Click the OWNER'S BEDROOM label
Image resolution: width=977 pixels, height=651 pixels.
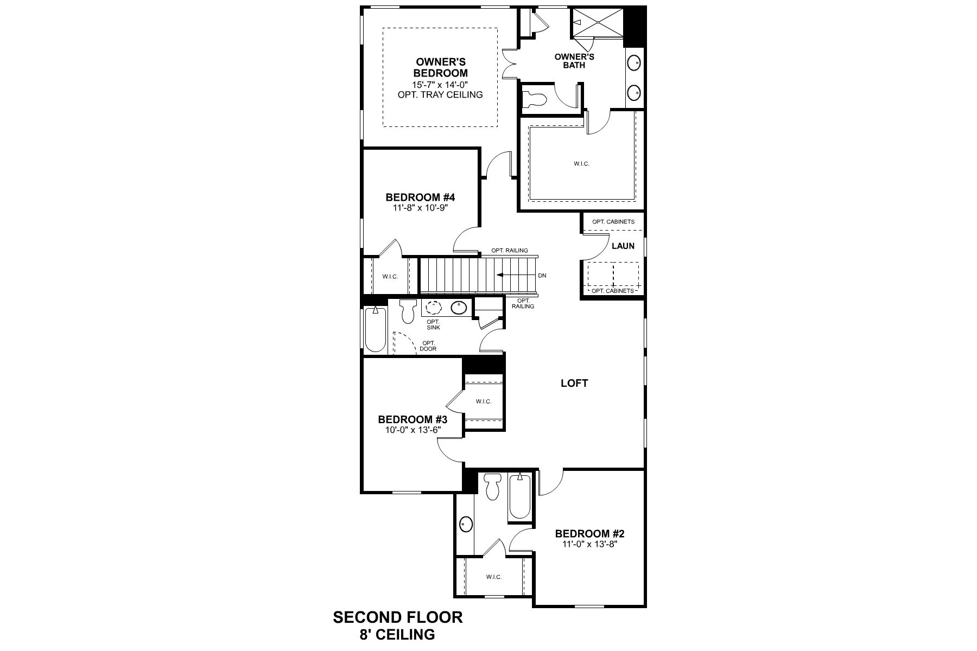click(440, 68)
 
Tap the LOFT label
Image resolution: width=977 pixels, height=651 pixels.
click(574, 383)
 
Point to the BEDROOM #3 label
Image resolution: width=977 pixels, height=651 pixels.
click(413, 419)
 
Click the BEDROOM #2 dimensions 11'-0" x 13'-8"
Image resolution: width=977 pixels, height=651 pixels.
click(586, 544)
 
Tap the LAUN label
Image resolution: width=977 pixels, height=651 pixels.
click(623, 246)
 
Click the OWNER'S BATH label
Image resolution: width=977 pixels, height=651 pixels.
click(574, 61)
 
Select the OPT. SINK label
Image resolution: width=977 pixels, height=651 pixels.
click(433, 324)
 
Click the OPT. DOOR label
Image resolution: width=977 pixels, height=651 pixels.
click(428, 346)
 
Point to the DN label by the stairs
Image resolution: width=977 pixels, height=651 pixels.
click(542, 276)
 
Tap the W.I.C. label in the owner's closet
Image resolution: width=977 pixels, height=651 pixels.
click(581, 163)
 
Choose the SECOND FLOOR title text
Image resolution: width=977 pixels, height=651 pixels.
click(397, 617)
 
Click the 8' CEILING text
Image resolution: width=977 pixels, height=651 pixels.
click(397, 634)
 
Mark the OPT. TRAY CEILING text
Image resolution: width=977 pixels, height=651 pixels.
click(440, 95)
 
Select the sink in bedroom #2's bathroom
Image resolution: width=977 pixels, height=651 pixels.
click(465, 525)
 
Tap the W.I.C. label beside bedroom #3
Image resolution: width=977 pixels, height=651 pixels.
click(484, 401)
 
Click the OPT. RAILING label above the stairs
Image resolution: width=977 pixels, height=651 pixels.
click(510, 251)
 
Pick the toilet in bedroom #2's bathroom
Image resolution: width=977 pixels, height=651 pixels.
click(493, 487)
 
